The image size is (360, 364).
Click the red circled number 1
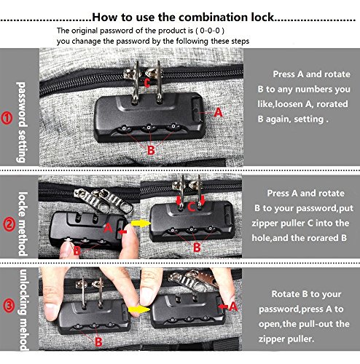(x=7, y=118)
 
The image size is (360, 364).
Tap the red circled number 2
(x=9, y=224)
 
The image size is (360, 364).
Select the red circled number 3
(x=9, y=306)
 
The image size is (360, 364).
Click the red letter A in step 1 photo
(x=218, y=112)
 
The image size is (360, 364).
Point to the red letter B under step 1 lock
(x=151, y=150)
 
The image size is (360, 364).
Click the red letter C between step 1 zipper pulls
(x=147, y=83)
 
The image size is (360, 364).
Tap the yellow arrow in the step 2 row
(x=141, y=223)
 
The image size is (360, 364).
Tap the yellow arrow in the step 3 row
(x=138, y=309)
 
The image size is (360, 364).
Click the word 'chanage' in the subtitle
(x=87, y=41)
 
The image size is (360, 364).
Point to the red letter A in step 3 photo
(x=233, y=306)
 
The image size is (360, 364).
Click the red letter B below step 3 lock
(x=98, y=342)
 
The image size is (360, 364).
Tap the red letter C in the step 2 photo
(x=191, y=207)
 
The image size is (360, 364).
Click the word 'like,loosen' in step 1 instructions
(x=279, y=104)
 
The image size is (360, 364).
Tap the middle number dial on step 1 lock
(x=149, y=127)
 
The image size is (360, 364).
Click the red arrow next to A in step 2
(x=123, y=232)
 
